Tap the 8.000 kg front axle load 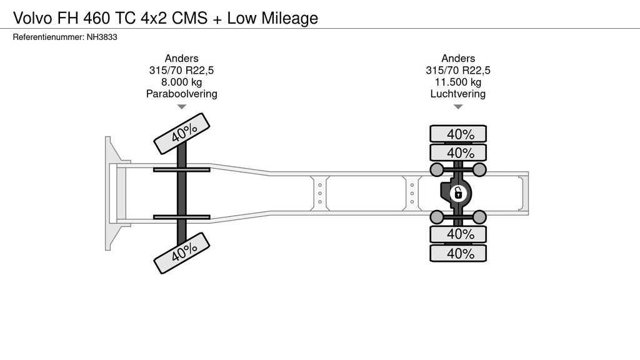[181, 82]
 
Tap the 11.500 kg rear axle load [457, 82]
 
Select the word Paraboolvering [181, 94]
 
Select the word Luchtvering [457, 94]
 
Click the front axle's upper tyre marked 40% [183, 133]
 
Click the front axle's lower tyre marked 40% [183, 252]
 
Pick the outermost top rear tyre [457, 134]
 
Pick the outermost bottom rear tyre [457, 253]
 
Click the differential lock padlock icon [457, 193]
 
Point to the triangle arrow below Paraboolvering [181, 107]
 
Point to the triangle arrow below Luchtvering [457, 107]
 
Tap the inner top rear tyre [457, 152]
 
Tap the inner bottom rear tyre [457, 234]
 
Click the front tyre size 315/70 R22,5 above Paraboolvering [181, 70]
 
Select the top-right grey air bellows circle [479, 169]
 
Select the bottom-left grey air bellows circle [436, 217]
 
